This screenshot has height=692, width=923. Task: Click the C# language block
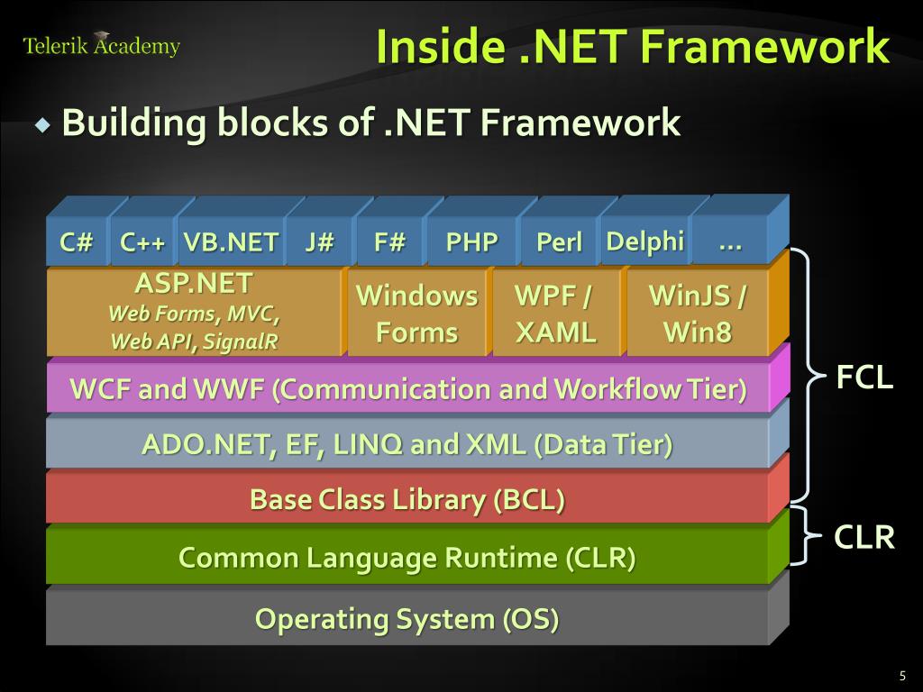pyautogui.click(x=77, y=242)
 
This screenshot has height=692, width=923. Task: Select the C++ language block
pyautogui.click(x=142, y=242)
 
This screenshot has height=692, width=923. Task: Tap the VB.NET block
pyautogui.click(x=231, y=242)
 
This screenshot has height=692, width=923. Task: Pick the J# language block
pyautogui.click(x=319, y=242)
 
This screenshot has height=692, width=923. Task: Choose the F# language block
pyautogui.click(x=389, y=242)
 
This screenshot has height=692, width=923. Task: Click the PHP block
pyautogui.click(x=472, y=242)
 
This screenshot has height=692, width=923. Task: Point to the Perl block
pyautogui.click(x=559, y=242)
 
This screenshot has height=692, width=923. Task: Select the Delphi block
pyautogui.click(x=644, y=241)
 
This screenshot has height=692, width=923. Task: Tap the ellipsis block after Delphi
pyautogui.click(x=730, y=241)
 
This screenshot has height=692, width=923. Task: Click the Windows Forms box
pyautogui.click(x=416, y=314)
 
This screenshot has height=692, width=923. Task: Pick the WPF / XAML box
pyautogui.click(x=555, y=314)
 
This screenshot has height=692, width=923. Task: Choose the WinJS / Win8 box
pyautogui.click(x=698, y=314)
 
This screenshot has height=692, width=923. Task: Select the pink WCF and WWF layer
pyautogui.click(x=408, y=390)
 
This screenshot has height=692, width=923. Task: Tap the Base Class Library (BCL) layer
pyautogui.click(x=407, y=499)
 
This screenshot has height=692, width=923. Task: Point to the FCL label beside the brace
pyautogui.click(x=864, y=378)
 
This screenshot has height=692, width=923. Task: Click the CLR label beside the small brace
pyautogui.click(x=864, y=538)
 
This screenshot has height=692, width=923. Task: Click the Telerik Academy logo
pyautogui.click(x=101, y=45)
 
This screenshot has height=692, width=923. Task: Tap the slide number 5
pyautogui.click(x=901, y=677)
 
